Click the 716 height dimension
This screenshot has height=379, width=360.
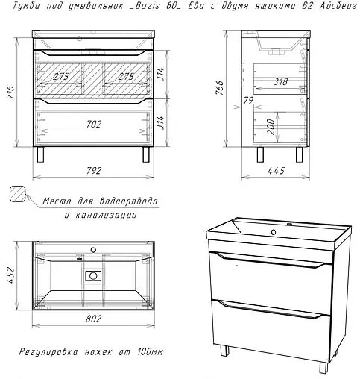click(12, 93)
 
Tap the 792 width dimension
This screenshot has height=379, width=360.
click(94, 171)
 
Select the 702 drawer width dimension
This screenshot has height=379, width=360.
click(94, 124)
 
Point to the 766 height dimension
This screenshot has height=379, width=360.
click(220, 88)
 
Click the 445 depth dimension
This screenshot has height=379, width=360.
click(276, 171)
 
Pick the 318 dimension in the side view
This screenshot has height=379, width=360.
click(280, 81)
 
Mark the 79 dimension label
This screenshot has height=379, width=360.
click(248, 101)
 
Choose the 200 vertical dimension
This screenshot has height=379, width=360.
click(271, 127)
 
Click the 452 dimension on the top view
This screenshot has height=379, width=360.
click(12, 275)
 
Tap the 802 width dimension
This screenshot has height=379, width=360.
click(93, 319)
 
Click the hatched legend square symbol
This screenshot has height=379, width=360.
click(17, 194)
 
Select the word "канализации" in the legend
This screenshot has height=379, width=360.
click(105, 215)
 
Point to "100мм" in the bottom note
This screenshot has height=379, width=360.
click(151, 352)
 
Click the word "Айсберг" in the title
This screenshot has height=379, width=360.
click(338, 6)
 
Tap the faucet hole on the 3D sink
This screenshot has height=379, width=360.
click(274, 232)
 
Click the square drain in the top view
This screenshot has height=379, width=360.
click(93, 275)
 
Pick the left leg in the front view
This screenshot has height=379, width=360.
click(40, 154)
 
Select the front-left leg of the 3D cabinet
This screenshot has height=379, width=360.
click(224, 350)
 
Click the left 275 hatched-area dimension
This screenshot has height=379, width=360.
click(61, 76)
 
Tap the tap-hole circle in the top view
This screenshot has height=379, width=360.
click(93, 250)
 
